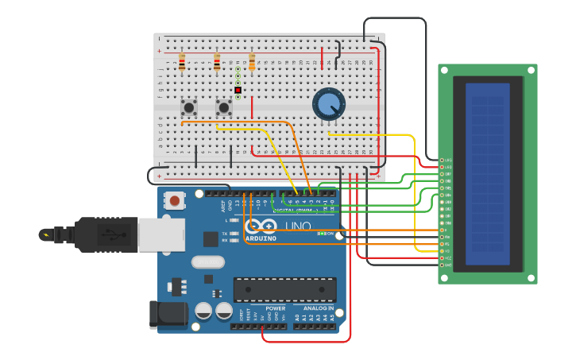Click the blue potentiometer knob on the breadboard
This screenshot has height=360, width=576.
328,104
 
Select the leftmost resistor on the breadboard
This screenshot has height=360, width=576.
182,62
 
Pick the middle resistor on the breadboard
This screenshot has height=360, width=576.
217,62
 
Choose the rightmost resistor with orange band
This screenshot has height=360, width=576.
252,62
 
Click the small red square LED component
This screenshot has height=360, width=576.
238,90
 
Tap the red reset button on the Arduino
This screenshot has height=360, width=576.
174,201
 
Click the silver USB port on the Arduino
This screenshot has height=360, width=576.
161,235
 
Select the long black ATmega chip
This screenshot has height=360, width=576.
284,289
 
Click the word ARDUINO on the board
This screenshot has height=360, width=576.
261,238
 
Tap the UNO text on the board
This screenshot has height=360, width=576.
298,227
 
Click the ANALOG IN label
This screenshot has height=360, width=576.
318,308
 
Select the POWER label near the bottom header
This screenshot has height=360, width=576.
275,308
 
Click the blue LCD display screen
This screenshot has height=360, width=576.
487,174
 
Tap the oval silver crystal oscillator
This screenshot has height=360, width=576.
208,261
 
